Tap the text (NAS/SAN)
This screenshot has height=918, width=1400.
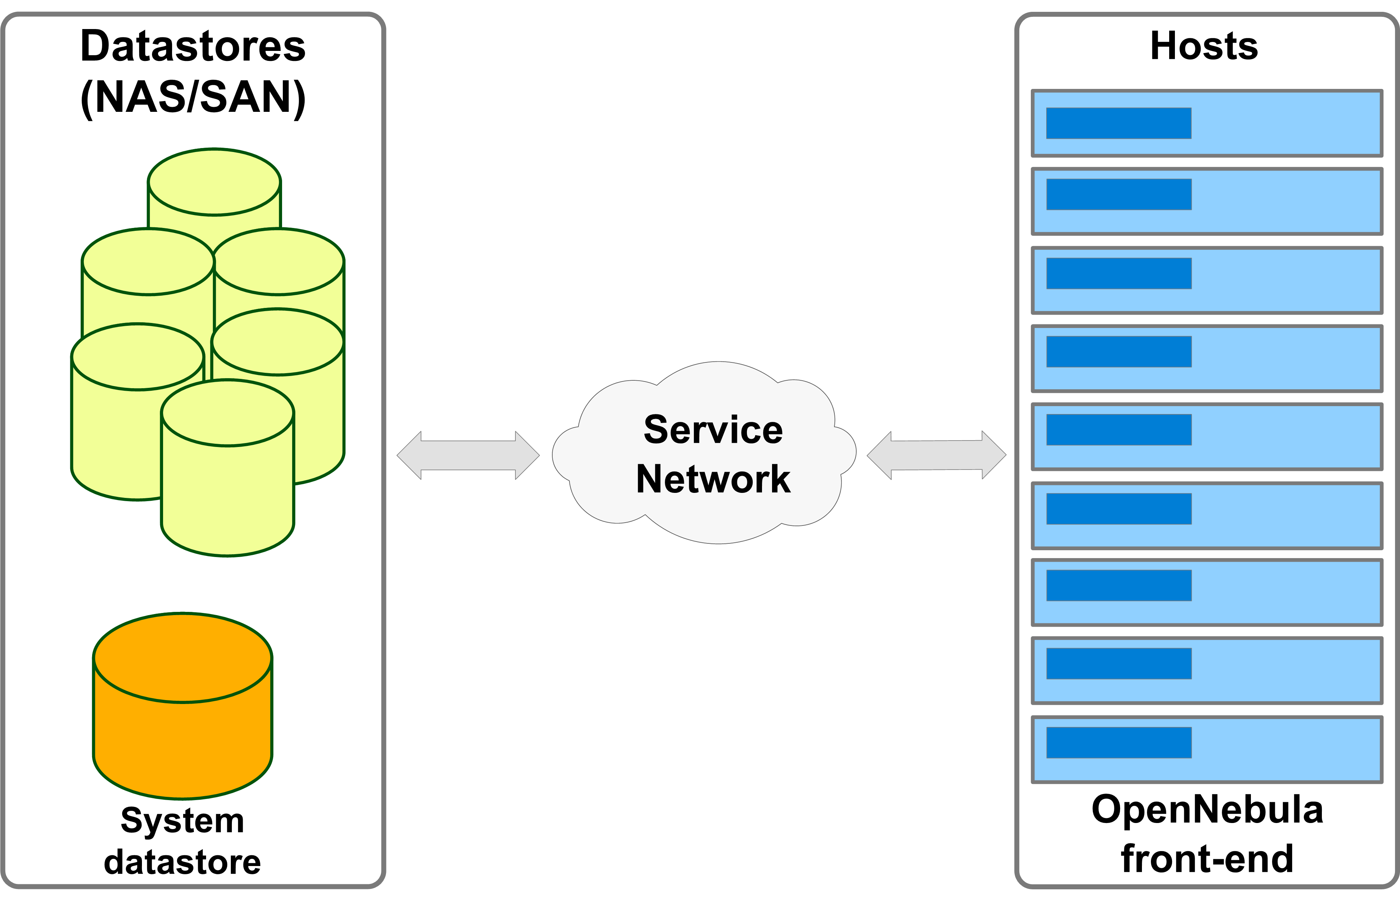[x=193, y=97]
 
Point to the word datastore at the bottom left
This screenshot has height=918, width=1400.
[x=182, y=862]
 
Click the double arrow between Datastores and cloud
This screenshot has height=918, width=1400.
[x=468, y=456]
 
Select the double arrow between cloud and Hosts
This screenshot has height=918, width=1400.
[x=937, y=456]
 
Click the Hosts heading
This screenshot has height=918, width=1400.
[x=1204, y=46]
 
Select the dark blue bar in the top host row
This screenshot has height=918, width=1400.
[x=1119, y=123]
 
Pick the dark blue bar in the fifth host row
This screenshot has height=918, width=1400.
[x=1119, y=429]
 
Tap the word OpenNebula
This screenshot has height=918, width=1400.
[x=1207, y=810]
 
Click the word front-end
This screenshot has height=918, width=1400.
[x=1207, y=859]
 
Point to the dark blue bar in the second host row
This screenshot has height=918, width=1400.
[x=1119, y=194]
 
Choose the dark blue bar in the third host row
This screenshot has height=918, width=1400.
[x=1119, y=273]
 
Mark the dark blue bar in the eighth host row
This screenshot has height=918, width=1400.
[x=1119, y=663]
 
